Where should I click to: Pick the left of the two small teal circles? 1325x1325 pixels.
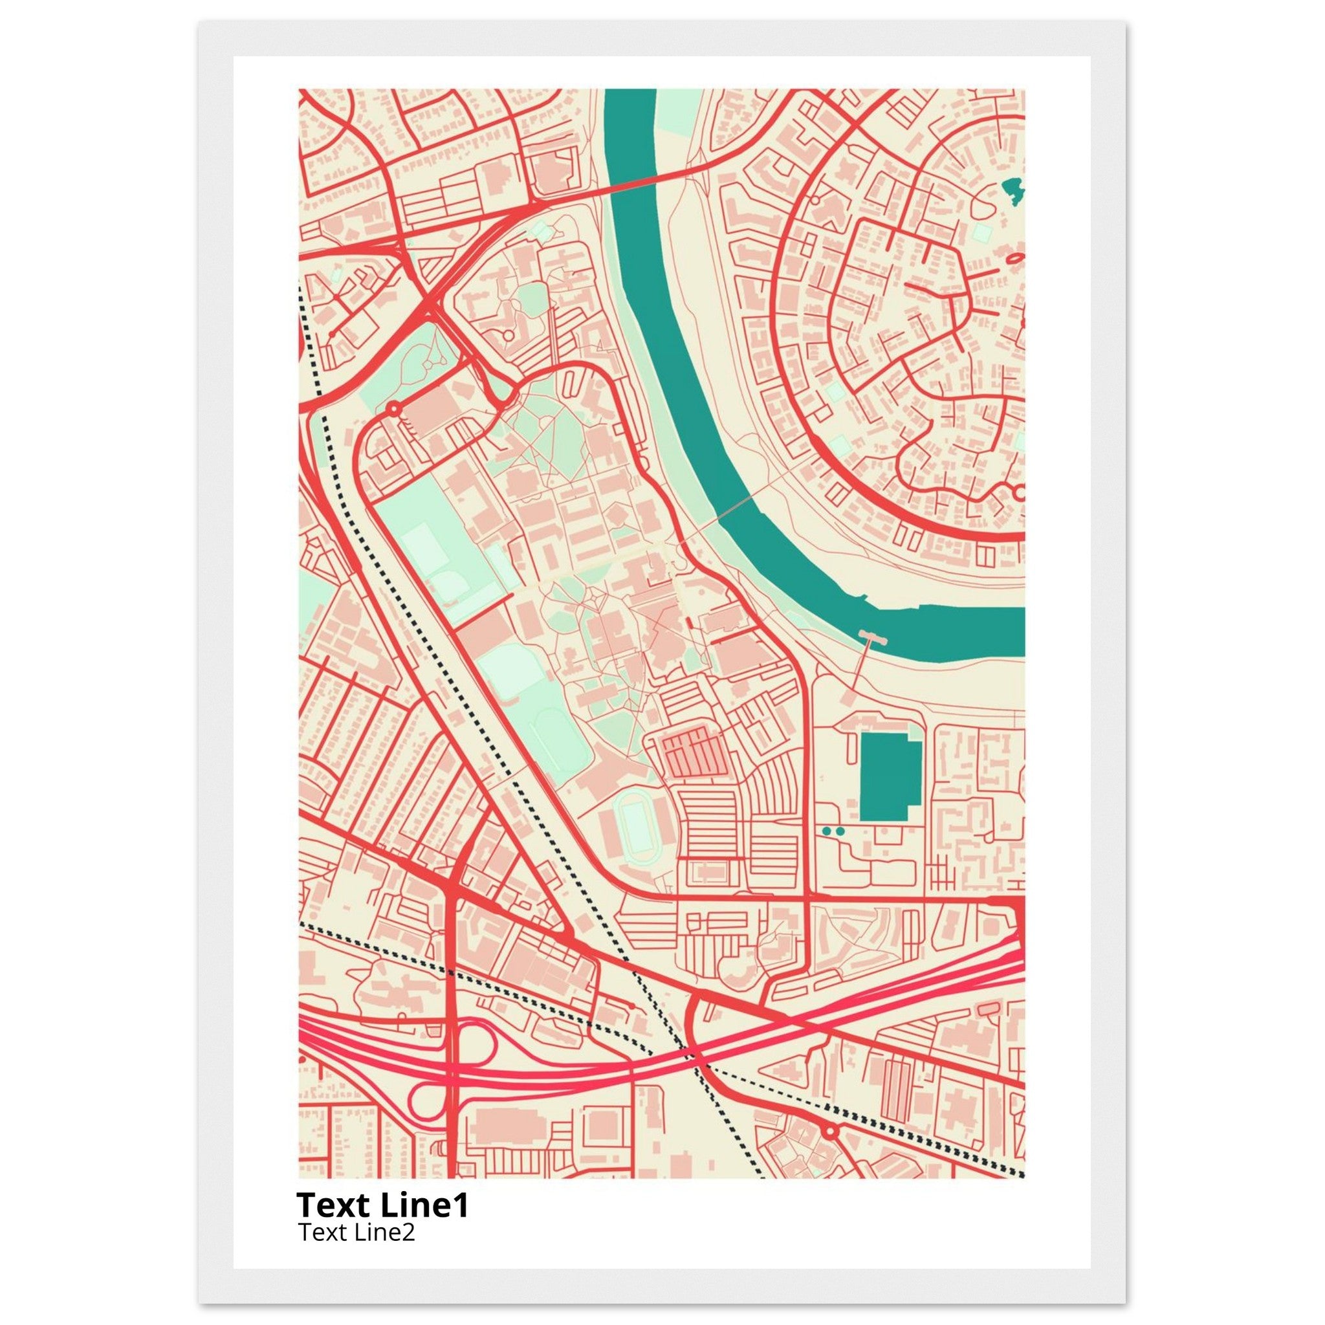[x=826, y=831]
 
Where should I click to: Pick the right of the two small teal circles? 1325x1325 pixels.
[x=840, y=831]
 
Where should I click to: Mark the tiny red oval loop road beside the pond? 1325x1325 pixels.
[x=1015, y=259]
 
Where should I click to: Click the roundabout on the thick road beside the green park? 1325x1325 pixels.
[x=393, y=409]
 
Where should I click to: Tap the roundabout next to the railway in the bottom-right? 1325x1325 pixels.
[x=830, y=1130]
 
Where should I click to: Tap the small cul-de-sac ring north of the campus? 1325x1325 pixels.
[x=507, y=335]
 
